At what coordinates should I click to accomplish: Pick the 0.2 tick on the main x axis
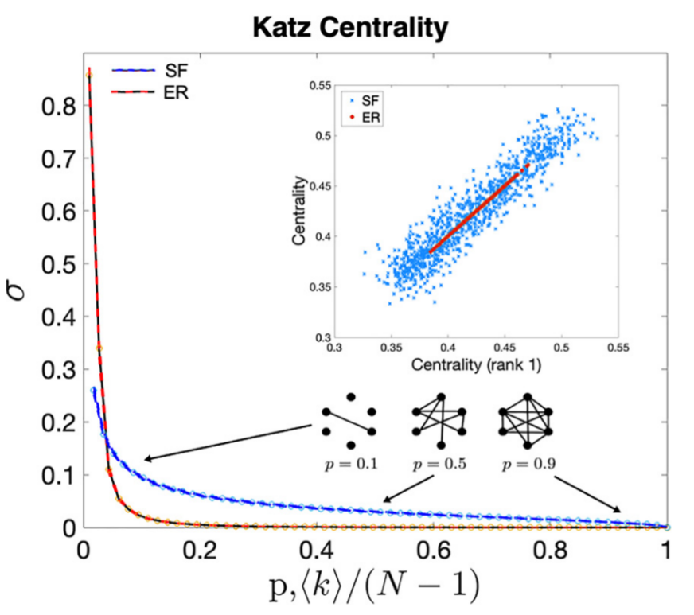coord(200,550)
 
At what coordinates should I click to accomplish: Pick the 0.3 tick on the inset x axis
coord(335,348)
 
